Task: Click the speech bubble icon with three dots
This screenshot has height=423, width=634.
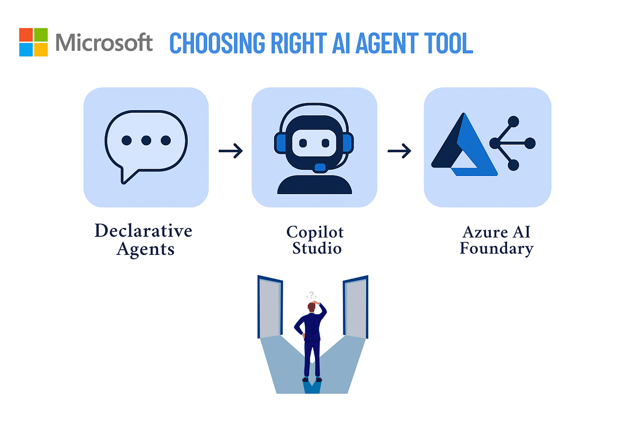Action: pyautogui.click(x=146, y=143)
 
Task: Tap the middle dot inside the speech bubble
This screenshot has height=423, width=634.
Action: pyautogui.click(x=146, y=141)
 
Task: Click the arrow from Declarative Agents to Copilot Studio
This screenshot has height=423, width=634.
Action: pyautogui.click(x=231, y=151)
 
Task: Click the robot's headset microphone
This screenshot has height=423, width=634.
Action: pyautogui.click(x=320, y=168)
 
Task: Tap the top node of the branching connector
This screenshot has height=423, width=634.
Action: pyautogui.click(x=512, y=121)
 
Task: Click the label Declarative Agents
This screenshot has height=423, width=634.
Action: pyautogui.click(x=144, y=240)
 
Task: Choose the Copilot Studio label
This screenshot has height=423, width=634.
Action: pyautogui.click(x=315, y=240)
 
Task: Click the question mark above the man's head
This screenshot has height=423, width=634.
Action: pyautogui.click(x=312, y=296)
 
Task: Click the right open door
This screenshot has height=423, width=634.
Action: pyautogui.click(x=355, y=307)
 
